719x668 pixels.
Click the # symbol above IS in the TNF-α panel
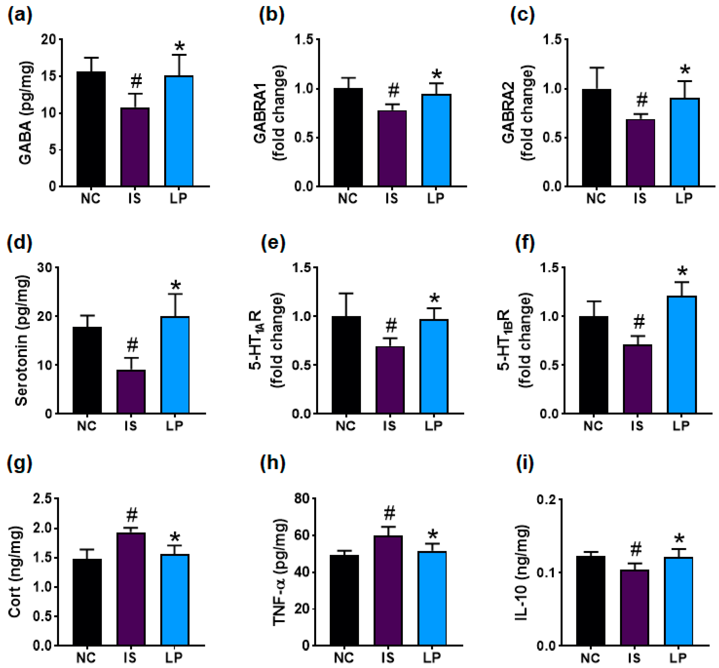(x=389, y=513)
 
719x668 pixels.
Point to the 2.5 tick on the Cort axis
(x=42, y=499)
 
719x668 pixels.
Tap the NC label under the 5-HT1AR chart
(x=345, y=426)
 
